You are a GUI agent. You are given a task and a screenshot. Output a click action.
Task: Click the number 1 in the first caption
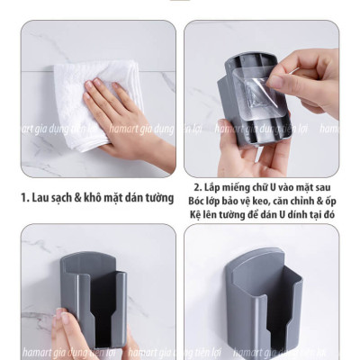point(24,198)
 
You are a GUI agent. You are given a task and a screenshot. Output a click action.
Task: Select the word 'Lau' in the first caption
point(40,198)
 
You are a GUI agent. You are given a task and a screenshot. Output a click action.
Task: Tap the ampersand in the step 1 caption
point(78,198)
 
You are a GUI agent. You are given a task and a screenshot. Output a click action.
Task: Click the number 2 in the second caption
point(197,188)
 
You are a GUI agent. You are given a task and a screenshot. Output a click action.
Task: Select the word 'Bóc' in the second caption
point(195,202)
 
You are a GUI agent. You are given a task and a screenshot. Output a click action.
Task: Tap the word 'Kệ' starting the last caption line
point(194,215)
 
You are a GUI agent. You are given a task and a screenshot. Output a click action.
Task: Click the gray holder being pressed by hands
point(94,300)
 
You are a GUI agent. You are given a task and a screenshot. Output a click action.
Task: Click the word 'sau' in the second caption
point(322,188)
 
